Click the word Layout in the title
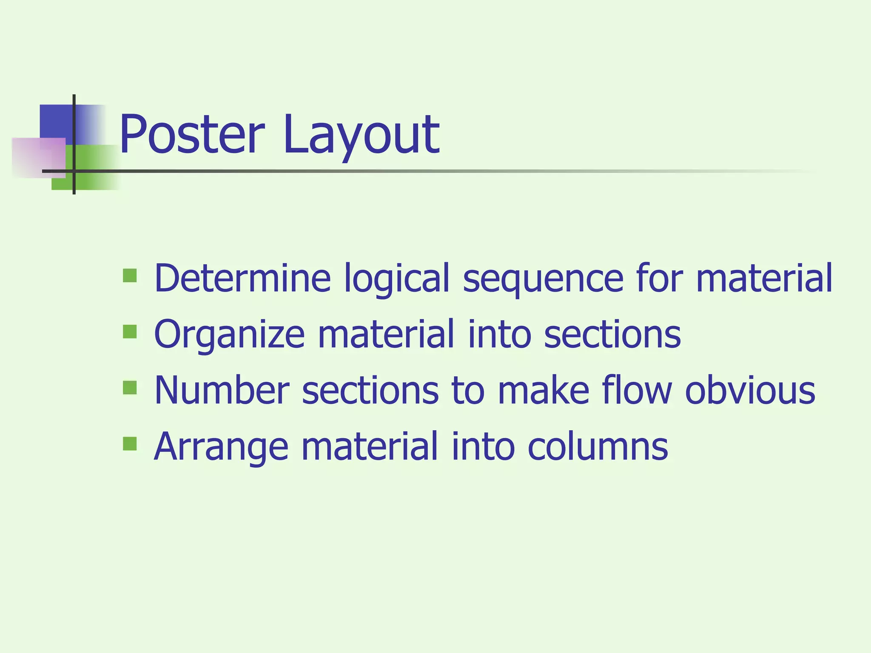pos(361,135)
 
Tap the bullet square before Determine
pos(130,275)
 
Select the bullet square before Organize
pos(130,332)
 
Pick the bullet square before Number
pos(130,388)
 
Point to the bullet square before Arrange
pos(130,444)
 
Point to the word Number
pos(222,390)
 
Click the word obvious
pos(750,390)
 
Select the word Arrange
pos(221,447)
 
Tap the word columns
pos(598,446)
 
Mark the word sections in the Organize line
pos(612,334)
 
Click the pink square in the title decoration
pos(39,158)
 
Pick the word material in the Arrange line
pos(370,446)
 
